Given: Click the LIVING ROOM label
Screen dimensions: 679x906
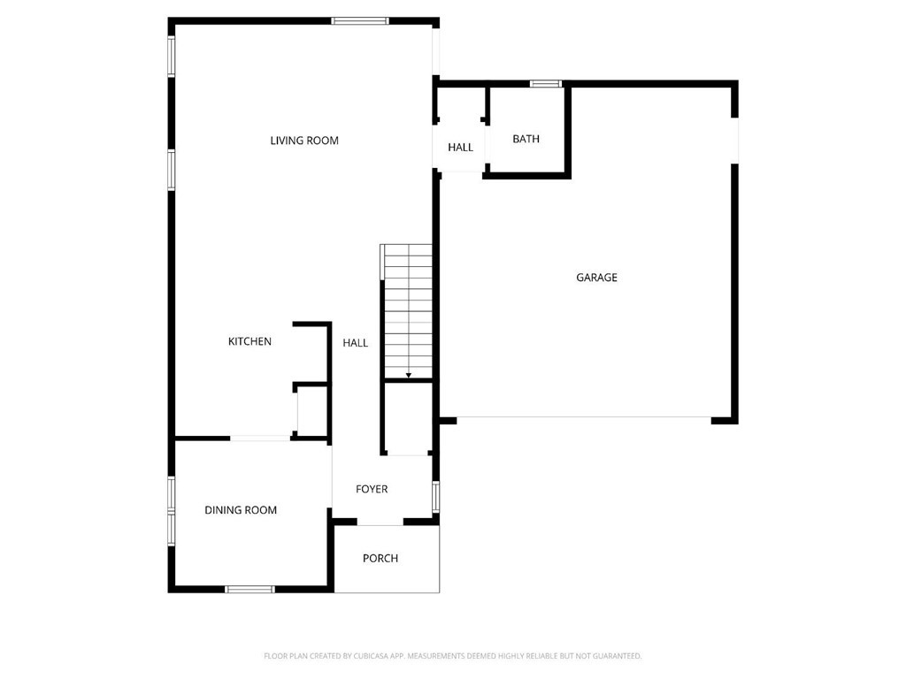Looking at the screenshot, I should coord(304,141).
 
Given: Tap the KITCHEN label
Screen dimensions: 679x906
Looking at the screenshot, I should coord(250,341).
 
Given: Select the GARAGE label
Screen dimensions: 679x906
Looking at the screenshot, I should coord(596,278).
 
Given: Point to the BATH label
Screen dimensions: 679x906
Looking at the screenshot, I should coord(526,139).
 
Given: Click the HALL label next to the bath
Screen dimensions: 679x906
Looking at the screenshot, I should coord(460,148).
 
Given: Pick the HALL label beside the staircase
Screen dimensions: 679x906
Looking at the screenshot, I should coord(356,343).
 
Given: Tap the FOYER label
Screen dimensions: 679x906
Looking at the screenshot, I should coord(372,489).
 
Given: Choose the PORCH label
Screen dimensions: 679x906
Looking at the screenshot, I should coord(380,558).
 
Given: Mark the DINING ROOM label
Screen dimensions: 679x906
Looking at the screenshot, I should coord(241,510).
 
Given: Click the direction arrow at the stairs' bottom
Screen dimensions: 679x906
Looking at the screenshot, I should coord(408,376).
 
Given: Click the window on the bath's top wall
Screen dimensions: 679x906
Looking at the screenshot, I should coord(546,84).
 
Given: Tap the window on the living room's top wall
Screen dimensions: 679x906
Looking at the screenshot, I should coord(360,20).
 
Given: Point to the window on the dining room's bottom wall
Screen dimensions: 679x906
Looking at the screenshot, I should coord(250,589).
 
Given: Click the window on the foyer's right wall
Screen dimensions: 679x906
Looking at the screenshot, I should coord(435,496).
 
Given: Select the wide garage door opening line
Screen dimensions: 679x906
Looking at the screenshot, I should coord(584,417).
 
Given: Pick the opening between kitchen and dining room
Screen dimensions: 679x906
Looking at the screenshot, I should coord(260,438).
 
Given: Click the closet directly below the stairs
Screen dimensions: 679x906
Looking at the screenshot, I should coord(408,419).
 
